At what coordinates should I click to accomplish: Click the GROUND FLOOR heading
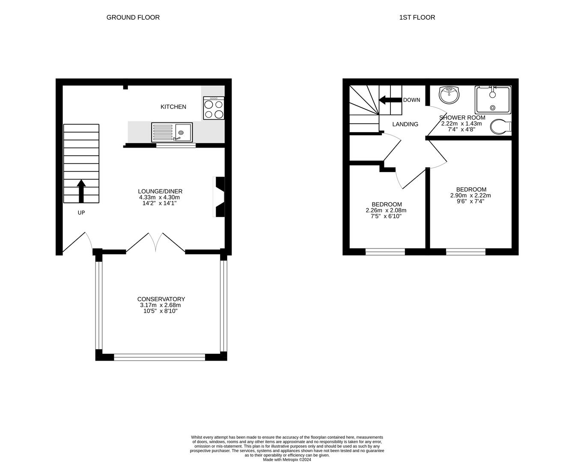(133, 18)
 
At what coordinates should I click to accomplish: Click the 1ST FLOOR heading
(417, 18)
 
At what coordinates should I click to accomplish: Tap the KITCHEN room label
(173, 107)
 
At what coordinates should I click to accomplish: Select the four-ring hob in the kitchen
(214, 108)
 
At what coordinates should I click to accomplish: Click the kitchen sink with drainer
(172, 132)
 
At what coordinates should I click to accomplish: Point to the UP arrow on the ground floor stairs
(81, 191)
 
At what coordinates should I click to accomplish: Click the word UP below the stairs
(81, 213)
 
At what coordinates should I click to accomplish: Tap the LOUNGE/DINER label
(160, 191)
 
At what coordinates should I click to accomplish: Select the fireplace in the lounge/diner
(219, 197)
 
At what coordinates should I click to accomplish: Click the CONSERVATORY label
(161, 299)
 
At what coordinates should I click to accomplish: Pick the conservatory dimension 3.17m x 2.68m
(161, 305)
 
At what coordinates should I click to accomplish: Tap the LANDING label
(405, 124)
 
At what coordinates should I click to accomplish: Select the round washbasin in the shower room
(449, 95)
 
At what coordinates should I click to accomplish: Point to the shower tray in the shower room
(493, 100)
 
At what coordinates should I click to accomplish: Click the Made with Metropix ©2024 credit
(287, 460)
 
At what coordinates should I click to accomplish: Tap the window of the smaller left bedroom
(385, 252)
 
